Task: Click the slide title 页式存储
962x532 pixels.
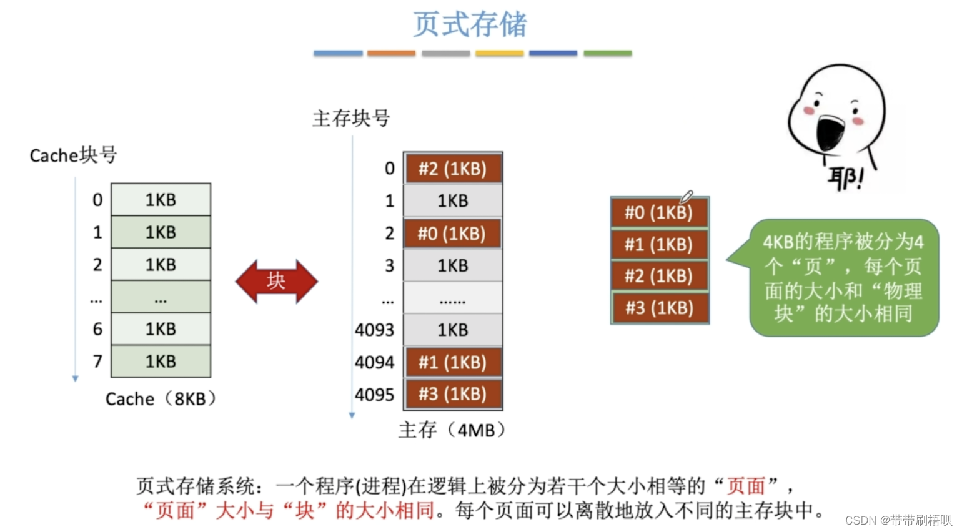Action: coord(470,25)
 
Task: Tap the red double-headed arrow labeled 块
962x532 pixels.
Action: coord(276,281)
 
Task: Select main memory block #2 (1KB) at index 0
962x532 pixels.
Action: coord(452,169)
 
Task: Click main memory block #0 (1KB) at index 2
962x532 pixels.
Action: coord(452,234)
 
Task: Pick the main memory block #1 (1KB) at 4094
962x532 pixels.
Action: coord(452,362)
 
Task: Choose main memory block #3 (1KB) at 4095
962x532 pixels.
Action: coord(452,394)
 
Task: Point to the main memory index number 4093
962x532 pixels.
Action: coord(374,330)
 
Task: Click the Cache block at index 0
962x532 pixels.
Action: coord(161,200)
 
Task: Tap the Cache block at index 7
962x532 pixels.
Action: coord(161,361)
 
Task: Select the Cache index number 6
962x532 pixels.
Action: coord(97,329)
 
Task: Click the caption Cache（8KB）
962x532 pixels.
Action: coord(161,398)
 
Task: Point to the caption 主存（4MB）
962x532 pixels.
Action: coord(452,430)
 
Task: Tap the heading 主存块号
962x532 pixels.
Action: coord(351,118)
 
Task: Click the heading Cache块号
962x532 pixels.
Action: coord(73,155)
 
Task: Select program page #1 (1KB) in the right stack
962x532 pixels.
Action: coord(659,244)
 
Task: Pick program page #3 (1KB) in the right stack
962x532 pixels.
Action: coord(659,308)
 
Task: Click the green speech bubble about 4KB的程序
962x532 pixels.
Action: coord(843,277)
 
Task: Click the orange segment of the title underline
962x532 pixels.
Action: coord(391,54)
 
